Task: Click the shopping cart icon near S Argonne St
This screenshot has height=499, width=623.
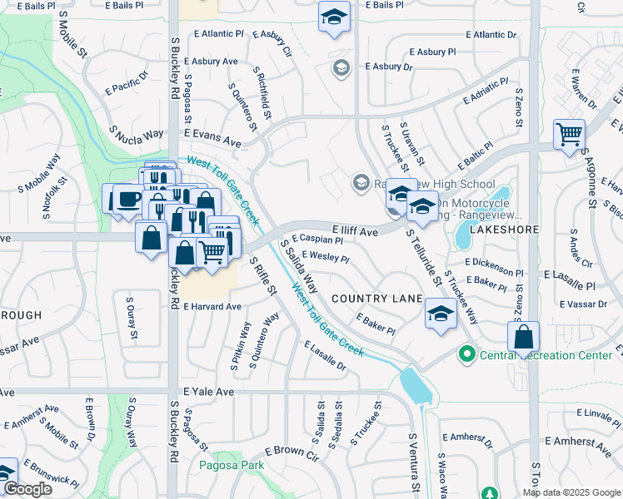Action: [x=569, y=133]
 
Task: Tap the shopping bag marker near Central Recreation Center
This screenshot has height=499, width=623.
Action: [x=523, y=337]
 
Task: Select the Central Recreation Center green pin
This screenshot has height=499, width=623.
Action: [x=466, y=355]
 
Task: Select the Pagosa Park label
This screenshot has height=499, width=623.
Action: [x=228, y=466]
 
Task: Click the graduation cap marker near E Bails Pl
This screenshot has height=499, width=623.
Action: [x=334, y=17]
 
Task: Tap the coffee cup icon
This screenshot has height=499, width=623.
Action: [x=127, y=199]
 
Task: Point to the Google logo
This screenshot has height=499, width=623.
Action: [x=28, y=489]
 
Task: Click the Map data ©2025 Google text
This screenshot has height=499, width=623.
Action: [x=571, y=492]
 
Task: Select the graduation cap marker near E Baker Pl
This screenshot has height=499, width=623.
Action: [x=440, y=314]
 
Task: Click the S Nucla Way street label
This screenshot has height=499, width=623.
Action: [x=136, y=135]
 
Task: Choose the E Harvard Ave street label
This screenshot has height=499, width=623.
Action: [x=212, y=306]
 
